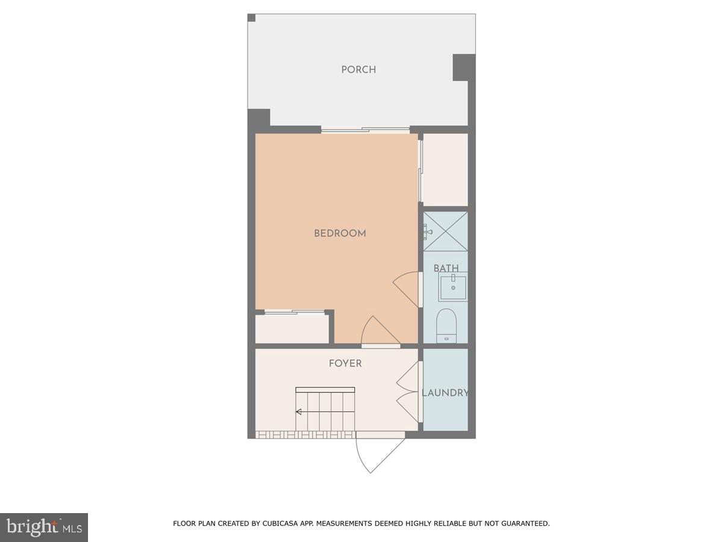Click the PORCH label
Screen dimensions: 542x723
pos(358,69)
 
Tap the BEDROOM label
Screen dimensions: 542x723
pos(340,233)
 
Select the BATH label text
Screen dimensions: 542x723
pos(446,268)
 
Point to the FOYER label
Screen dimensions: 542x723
pos(345,363)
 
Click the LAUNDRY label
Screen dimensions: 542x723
pos(445,393)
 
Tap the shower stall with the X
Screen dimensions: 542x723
pos(445,231)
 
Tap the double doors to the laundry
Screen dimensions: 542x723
pos(408,393)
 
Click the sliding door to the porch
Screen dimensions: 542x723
pos(365,129)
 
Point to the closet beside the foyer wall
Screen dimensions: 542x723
pos(292,328)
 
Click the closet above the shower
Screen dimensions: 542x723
pos(445,170)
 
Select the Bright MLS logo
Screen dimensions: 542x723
pos(44,527)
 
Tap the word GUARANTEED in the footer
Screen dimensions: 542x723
pos(524,524)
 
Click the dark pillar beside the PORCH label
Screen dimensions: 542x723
pos(463,67)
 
